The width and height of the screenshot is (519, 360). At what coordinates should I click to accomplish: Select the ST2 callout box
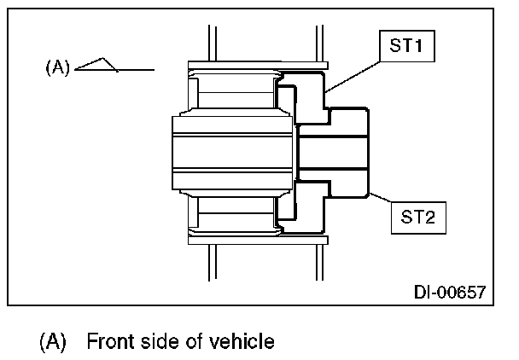(x=415, y=217)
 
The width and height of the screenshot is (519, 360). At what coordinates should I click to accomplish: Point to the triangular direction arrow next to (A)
(x=101, y=65)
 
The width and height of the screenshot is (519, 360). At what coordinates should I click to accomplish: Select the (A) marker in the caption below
(x=53, y=342)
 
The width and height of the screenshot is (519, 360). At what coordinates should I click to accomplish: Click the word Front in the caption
(x=109, y=342)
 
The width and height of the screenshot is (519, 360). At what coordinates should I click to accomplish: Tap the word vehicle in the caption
(x=246, y=342)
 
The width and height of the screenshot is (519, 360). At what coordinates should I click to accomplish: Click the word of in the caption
(x=200, y=342)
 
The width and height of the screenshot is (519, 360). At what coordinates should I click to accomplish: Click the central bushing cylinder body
(x=230, y=153)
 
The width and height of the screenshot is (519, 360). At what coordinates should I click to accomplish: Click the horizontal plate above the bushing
(x=256, y=66)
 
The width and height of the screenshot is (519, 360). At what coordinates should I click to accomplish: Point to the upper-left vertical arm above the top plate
(x=208, y=43)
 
